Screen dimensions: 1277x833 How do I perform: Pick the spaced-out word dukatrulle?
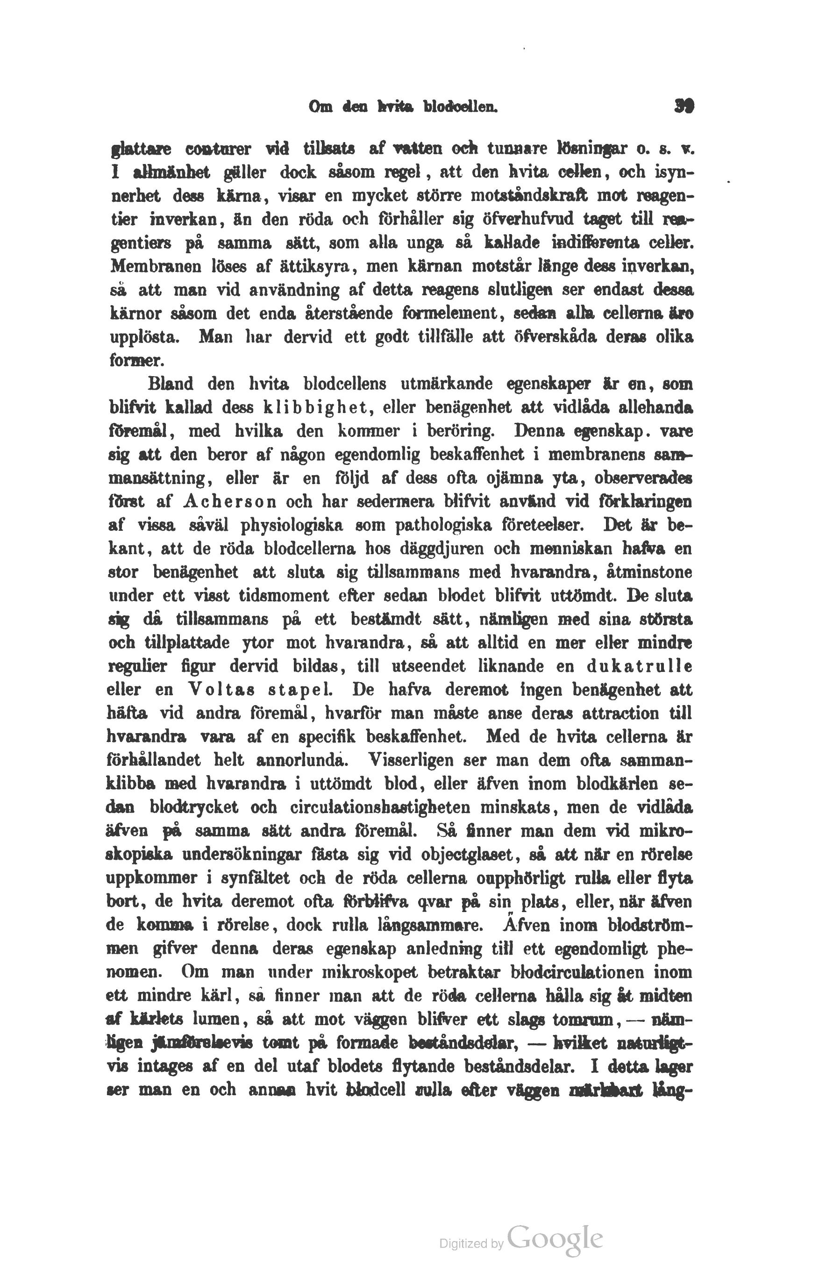point(639,666)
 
